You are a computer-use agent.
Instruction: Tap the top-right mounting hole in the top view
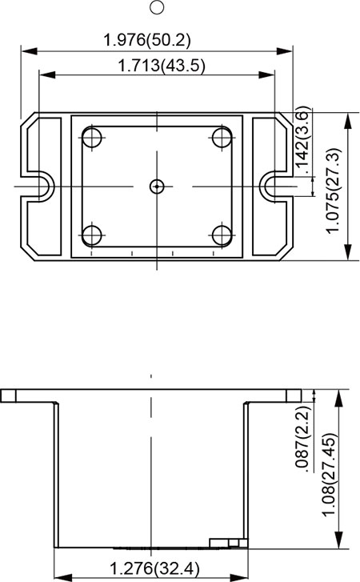[x=222, y=137]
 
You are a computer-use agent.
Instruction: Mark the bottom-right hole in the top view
[x=222, y=235]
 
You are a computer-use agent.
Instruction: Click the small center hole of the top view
[x=157, y=187]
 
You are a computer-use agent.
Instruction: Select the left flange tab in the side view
[x=10, y=395]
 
